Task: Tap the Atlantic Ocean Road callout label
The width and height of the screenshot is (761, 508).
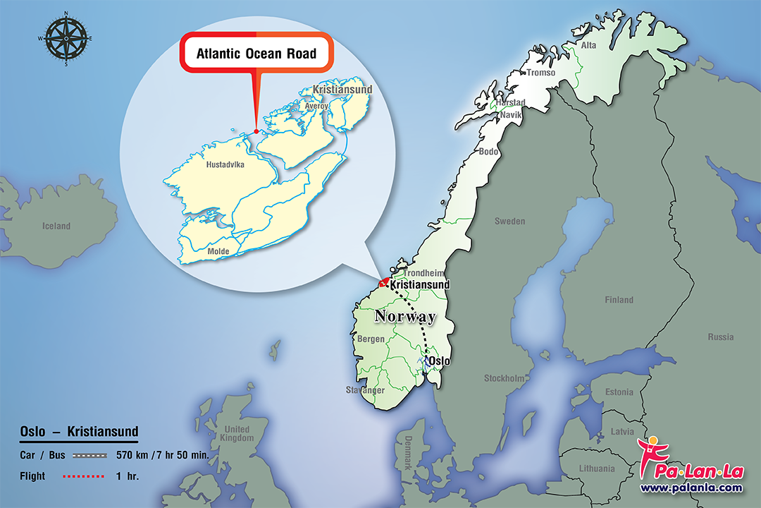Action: click(x=256, y=53)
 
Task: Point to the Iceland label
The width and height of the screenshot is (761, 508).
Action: click(x=56, y=226)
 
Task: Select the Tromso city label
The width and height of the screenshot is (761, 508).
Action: click(x=540, y=73)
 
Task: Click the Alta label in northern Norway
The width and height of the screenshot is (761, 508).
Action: click(x=588, y=45)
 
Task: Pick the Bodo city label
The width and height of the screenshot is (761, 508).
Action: click(x=488, y=152)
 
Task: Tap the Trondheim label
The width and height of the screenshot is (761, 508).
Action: click(x=423, y=273)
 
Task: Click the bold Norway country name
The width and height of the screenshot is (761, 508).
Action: click(x=405, y=316)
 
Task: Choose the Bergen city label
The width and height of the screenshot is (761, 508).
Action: click(x=371, y=339)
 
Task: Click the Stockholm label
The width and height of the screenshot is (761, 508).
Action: click(x=504, y=378)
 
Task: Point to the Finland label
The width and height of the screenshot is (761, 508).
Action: click(x=619, y=300)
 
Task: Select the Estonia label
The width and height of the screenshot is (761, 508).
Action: click(x=619, y=392)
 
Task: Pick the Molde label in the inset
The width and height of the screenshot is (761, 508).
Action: click(x=218, y=251)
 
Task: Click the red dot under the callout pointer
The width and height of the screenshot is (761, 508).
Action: click(x=256, y=131)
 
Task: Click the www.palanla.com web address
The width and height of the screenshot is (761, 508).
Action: click(x=691, y=488)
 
